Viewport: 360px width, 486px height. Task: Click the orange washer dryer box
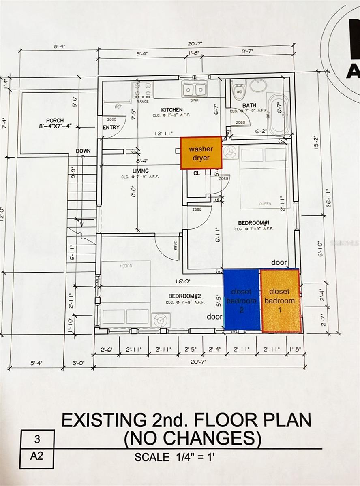pyautogui.click(x=201, y=153)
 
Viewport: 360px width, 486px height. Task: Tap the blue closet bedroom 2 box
pyautogui.click(x=242, y=299)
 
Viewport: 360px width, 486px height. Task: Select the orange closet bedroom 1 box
pyautogui.click(x=280, y=301)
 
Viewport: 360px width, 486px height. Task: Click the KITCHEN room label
pyautogui.click(x=171, y=110)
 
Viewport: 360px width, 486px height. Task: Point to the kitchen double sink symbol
pyautogui.click(x=194, y=88)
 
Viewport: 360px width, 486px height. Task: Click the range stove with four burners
pyautogui.click(x=143, y=90)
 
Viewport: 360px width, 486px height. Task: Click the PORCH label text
pyautogui.click(x=55, y=121)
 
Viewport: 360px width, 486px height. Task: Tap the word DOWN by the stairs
pyautogui.click(x=83, y=151)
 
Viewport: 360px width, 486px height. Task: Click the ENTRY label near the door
pyautogui.click(x=111, y=127)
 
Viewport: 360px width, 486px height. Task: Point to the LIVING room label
pyautogui.click(x=140, y=171)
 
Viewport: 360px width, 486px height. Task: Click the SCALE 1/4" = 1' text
pyautogui.click(x=174, y=457)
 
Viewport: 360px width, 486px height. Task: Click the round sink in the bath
pyautogui.click(x=258, y=85)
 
